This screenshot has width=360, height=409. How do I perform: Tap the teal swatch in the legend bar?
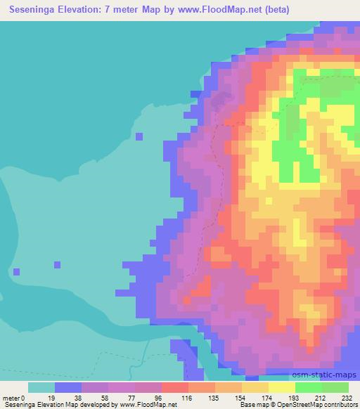[x=41, y=387]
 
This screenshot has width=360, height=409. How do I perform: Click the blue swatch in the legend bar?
[x=68, y=387]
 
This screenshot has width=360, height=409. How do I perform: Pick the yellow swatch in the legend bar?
[x=255, y=387]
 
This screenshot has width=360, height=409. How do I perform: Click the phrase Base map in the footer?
[x=247, y=405]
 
